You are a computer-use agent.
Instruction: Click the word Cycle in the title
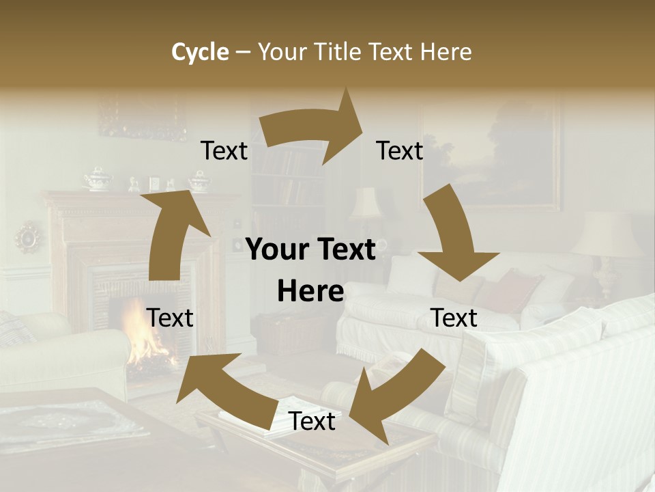(x=200, y=52)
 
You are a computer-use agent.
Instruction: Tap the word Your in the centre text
(x=278, y=249)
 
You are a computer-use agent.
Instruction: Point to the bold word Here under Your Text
(x=310, y=291)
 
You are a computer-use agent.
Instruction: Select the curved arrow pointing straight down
(x=454, y=239)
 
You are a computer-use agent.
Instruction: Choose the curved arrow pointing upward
(x=174, y=232)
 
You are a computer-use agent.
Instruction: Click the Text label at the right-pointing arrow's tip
(x=400, y=150)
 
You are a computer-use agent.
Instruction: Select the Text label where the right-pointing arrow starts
(x=224, y=150)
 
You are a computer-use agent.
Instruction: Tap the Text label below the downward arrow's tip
(x=454, y=318)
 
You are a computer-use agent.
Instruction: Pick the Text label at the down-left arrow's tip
(x=312, y=421)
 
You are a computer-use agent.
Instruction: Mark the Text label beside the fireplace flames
(x=170, y=318)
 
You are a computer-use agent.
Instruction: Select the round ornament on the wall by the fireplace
(x=29, y=237)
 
